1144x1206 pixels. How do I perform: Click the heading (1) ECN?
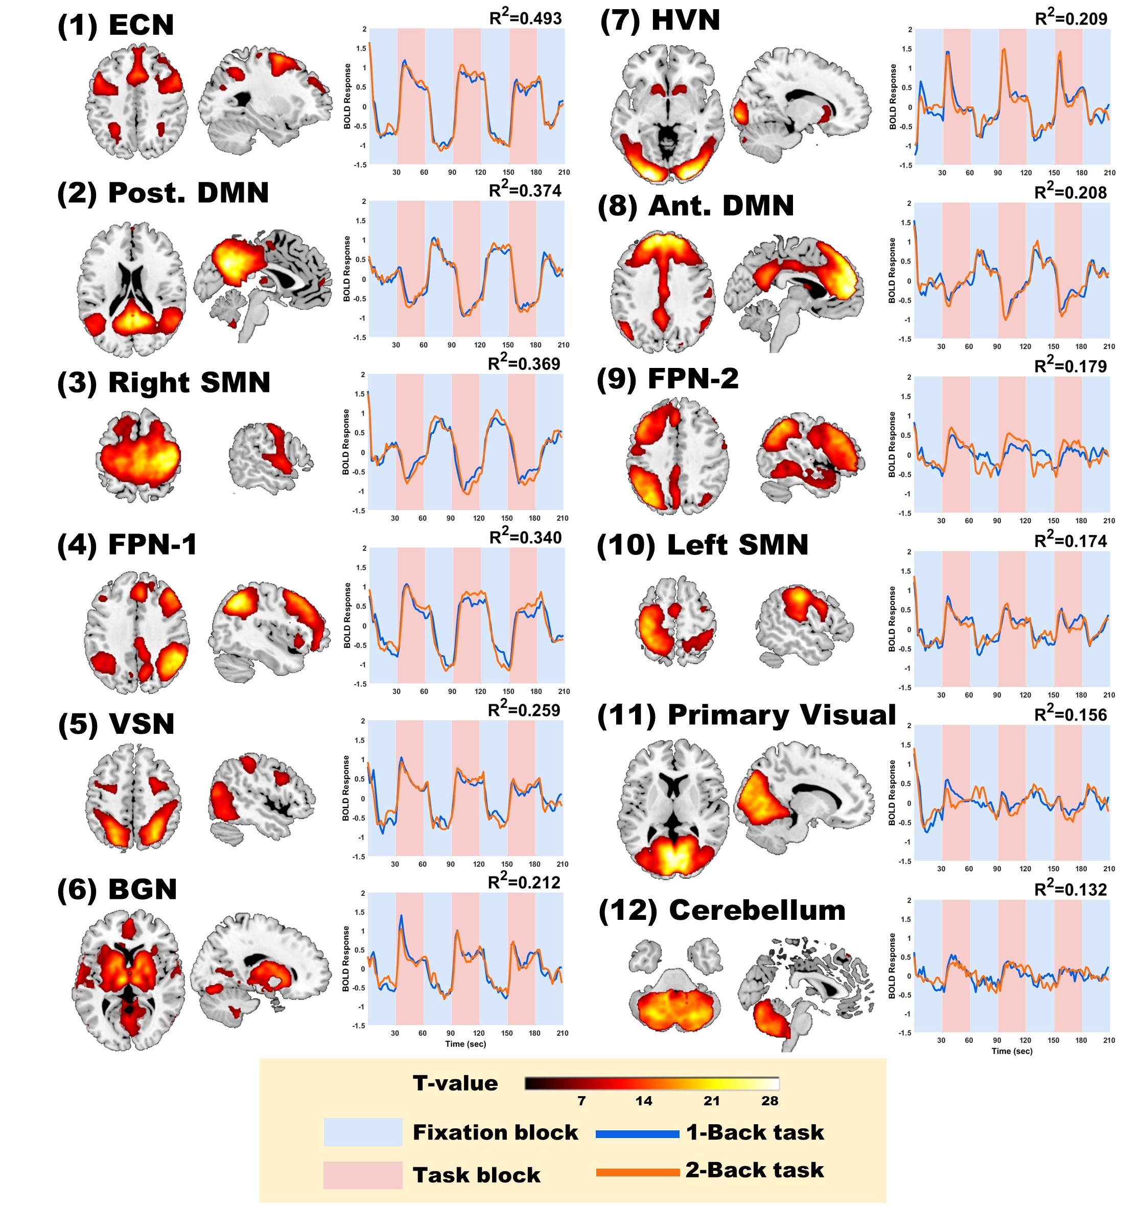tap(115, 25)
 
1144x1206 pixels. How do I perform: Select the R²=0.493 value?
tap(525, 18)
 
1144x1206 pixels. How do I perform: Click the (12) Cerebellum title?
tap(721, 910)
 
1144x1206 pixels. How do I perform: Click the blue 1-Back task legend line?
tap(637, 1134)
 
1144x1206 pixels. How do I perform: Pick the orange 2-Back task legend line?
tap(637, 1172)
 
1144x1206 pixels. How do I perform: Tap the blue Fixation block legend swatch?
tap(363, 1132)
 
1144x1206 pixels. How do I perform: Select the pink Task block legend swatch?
tap(363, 1175)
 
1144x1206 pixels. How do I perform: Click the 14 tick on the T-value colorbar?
tap(643, 1101)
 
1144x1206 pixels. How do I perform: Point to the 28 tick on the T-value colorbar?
tap(769, 1101)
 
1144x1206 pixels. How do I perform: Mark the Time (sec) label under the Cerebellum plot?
tap(1012, 1051)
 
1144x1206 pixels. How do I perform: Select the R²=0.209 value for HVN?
tap(1071, 18)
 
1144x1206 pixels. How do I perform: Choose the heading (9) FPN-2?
tap(667, 378)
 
